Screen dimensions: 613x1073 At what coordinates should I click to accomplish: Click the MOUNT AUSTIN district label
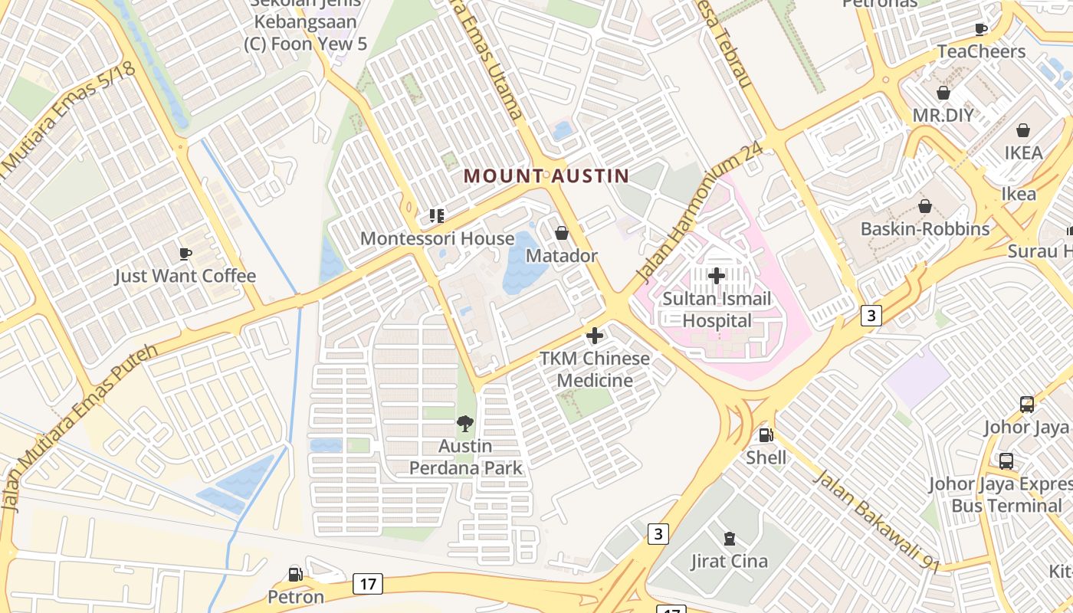pos(546,175)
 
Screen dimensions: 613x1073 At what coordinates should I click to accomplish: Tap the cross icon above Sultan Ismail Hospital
pos(717,275)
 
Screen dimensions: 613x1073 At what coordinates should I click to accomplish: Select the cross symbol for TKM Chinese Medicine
pos(594,336)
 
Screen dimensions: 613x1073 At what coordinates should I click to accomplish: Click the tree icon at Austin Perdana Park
pos(464,424)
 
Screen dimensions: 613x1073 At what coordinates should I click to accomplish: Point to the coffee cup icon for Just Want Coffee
pos(185,254)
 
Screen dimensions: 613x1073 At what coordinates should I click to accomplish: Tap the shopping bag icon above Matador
pos(562,233)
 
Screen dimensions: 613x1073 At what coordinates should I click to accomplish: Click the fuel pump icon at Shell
pos(765,435)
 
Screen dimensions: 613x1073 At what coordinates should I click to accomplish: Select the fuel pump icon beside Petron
pos(295,574)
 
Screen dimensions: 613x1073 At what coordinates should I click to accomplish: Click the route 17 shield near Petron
pos(368,585)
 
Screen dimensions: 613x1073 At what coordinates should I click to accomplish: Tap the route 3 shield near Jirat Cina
pos(658,533)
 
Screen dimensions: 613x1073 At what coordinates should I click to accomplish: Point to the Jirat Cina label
pos(729,561)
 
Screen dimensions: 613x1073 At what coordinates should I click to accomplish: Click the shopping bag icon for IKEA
pos(1023,130)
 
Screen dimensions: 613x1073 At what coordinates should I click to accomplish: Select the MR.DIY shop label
pos(943,116)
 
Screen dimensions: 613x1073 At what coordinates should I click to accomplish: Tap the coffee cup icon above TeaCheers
pos(981,29)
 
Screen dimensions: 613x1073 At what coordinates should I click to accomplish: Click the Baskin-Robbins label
pos(924,229)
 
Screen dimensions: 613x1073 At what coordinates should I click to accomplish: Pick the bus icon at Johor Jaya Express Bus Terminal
pos(1006,461)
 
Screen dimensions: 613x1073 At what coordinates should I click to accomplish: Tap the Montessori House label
pos(437,238)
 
